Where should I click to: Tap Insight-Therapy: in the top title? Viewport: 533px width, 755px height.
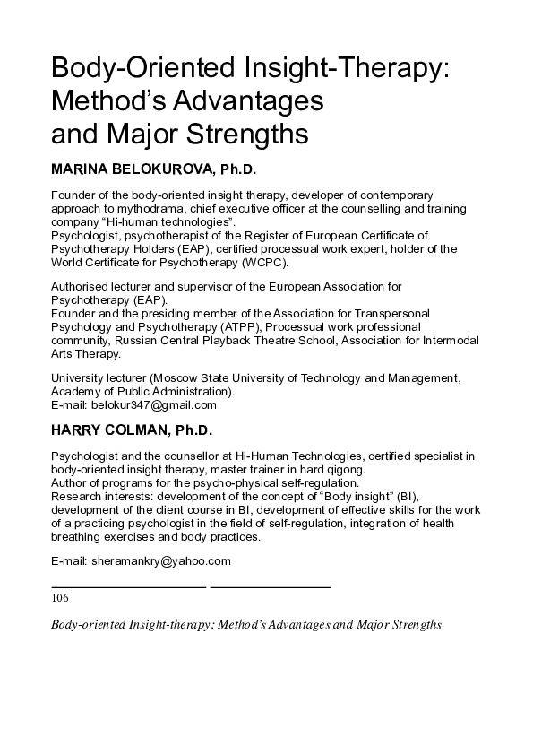[x=345, y=67]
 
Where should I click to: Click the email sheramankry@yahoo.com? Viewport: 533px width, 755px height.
[x=160, y=561]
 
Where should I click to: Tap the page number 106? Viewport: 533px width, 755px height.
[x=60, y=597]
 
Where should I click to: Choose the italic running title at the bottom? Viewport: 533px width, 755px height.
[x=246, y=624]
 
